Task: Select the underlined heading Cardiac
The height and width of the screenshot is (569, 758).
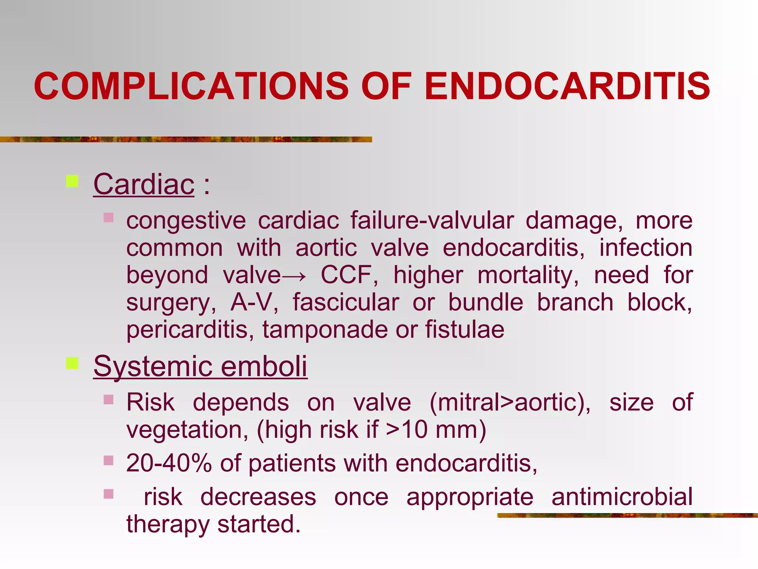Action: tap(144, 184)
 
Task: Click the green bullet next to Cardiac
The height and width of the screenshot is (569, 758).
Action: tap(72, 181)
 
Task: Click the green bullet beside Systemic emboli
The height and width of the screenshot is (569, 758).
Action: tap(72, 363)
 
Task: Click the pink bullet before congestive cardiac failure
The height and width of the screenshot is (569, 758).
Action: tap(108, 217)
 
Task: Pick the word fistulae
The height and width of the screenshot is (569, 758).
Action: tap(464, 330)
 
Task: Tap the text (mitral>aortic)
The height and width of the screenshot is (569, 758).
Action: tap(510, 402)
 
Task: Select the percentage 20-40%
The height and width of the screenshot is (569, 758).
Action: tap(169, 463)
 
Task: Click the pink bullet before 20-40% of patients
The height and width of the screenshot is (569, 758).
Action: tap(108, 460)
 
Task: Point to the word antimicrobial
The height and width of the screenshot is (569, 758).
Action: tap(622, 497)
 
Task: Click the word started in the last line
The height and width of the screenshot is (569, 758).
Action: tap(259, 525)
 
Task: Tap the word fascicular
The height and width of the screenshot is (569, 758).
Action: tap(346, 303)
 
